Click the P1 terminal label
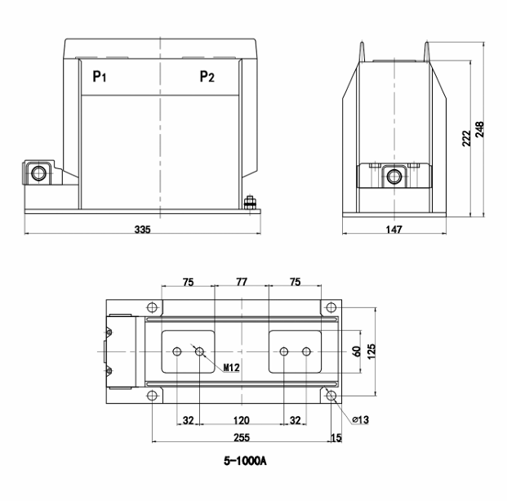pos(99,78)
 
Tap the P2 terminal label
pos(207,78)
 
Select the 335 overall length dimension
pos(143,230)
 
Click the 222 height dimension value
pos(465,139)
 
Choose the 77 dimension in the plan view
pos(241,282)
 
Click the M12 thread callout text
pos(231,367)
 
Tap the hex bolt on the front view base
pos(249,202)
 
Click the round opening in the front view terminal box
pos(38,173)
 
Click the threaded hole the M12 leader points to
pos(200,352)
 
